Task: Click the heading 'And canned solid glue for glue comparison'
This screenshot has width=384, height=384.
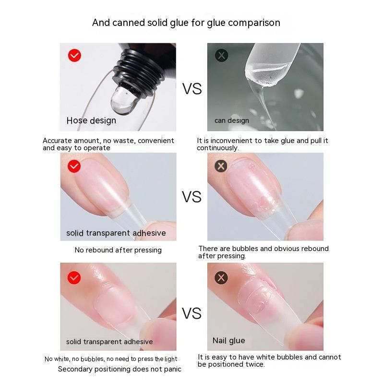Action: coord(186,23)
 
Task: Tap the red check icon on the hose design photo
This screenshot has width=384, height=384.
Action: coord(74,55)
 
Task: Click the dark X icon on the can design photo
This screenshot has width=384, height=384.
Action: coord(221,55)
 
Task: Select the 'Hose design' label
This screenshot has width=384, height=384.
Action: coord(91,120)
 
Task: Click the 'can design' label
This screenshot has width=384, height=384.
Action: coord(232,120)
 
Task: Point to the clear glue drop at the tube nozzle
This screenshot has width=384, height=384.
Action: coord(124,100)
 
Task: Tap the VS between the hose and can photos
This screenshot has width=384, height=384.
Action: coord(192,89)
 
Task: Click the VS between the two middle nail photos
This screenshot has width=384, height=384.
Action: coord(192,197)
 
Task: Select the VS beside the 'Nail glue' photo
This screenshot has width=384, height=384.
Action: coord(192,313)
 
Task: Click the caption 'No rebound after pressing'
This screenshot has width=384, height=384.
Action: coord(118,250)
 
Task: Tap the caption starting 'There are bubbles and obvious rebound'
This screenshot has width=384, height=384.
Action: coord(264,252)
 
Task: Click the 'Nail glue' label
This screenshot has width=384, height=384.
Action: coord(229,341)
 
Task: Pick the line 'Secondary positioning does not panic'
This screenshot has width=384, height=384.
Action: coord(120,369)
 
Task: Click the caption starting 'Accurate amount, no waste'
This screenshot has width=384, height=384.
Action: coord(108,144)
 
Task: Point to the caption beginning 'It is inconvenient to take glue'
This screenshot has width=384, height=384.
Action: coord(263,144)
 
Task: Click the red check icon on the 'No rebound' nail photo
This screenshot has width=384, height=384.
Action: coord(74,166)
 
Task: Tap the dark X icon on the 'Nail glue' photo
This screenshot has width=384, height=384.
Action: coord(221,278)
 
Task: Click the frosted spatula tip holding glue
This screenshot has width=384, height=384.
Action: coord(269,66)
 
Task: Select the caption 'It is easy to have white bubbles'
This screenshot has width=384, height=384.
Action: coord(269,361)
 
